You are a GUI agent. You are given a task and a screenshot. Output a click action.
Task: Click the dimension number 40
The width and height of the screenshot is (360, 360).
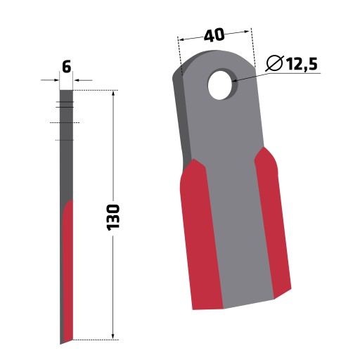pyautogui.click(x=214, y=35)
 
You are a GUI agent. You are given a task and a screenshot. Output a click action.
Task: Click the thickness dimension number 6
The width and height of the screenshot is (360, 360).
pyautogui.click(x=67, y=67)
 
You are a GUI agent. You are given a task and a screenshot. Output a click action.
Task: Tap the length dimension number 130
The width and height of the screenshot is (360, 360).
pyautogui.click(x=113, y=217)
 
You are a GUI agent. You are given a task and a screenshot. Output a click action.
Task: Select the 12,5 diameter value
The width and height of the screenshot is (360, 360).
pyautogui.click(x=302, y=64)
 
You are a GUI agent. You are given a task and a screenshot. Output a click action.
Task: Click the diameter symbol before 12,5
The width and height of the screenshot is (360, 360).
pyautogui.click(x=275, y=63)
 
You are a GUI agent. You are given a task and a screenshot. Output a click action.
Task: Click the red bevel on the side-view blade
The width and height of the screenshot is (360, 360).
pyautogui.click(x=68, y=269)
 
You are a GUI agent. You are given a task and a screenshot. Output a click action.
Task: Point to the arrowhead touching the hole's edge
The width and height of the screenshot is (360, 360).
pyautogui.click(x=236, y=81)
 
